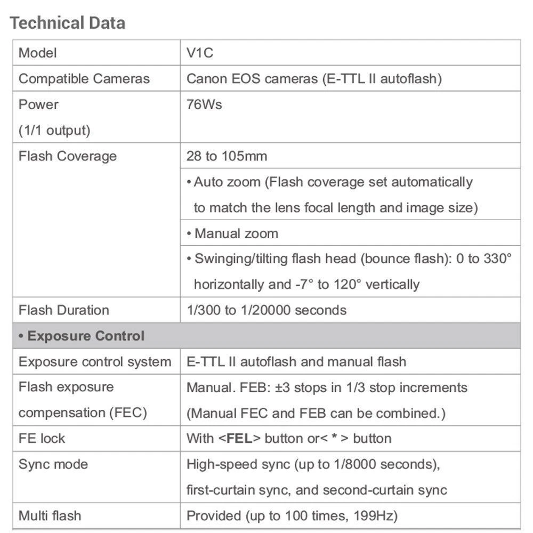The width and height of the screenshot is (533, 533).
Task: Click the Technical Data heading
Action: point(68,23)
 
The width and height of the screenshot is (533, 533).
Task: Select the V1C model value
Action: point(200,53)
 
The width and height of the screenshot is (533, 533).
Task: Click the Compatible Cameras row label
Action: point(84,79)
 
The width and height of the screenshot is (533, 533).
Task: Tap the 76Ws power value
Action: point(204,104)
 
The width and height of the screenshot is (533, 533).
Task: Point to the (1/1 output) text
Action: point(54,130)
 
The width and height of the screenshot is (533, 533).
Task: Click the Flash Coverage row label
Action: point(67,156)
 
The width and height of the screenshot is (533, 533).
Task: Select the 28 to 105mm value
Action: point(227,156)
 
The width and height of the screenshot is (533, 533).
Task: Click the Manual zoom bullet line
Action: point(232,233)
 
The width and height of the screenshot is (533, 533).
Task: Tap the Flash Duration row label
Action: point(63,310)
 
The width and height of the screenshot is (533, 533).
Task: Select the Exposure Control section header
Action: point(81,336)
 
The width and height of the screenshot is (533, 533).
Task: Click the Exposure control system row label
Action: point(95,362)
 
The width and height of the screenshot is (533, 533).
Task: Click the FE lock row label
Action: point(42,439)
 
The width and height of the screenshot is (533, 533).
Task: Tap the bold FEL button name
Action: point(239,439)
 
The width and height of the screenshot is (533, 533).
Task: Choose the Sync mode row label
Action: point(53,464)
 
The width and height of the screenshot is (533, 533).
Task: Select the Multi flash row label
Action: point(50,516)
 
